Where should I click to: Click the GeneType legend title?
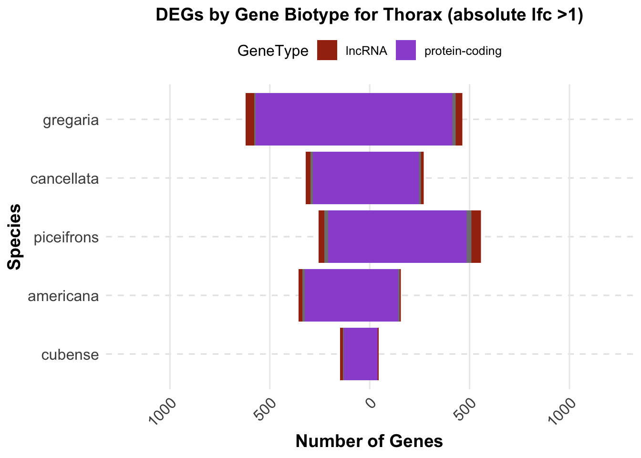point(273,51)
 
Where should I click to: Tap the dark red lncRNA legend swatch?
point(327,51)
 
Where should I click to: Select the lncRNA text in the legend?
point(366,51)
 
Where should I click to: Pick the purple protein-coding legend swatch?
point(406,51)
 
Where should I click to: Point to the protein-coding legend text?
point(463,51)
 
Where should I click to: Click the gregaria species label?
point(71,120)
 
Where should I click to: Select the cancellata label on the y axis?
point(64,179)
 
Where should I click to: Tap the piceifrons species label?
point(66,237)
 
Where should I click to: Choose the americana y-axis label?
point(63,296)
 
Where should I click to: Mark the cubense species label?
point(70,355)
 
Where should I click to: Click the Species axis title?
point(15,237)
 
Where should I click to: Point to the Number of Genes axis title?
point(369,441)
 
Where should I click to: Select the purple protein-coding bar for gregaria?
point(353,119)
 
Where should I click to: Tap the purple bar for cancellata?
point(365,178)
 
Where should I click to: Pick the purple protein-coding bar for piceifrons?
point(397,237)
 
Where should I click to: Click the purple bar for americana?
point(352,295)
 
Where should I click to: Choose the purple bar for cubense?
point(361,354)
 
